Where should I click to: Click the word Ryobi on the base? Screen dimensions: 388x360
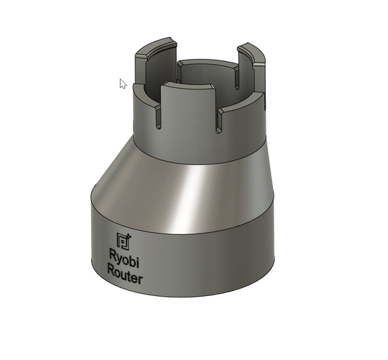(124, 259)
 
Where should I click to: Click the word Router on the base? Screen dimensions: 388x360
(124, 274)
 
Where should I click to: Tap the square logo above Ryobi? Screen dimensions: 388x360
(124, 241)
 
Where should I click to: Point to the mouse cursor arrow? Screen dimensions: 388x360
(123, 84)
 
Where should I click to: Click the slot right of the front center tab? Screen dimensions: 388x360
(218, 121)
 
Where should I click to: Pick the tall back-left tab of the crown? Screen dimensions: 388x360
(156, 64)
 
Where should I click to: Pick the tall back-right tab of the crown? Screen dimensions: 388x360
(252, 67)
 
